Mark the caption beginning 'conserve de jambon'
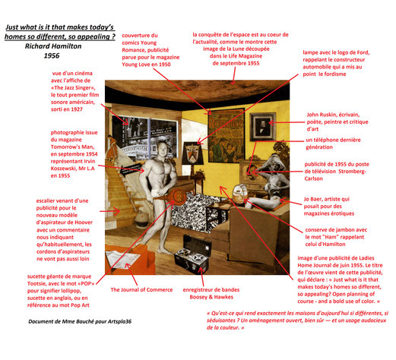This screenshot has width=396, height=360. (x=338, y=236)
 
